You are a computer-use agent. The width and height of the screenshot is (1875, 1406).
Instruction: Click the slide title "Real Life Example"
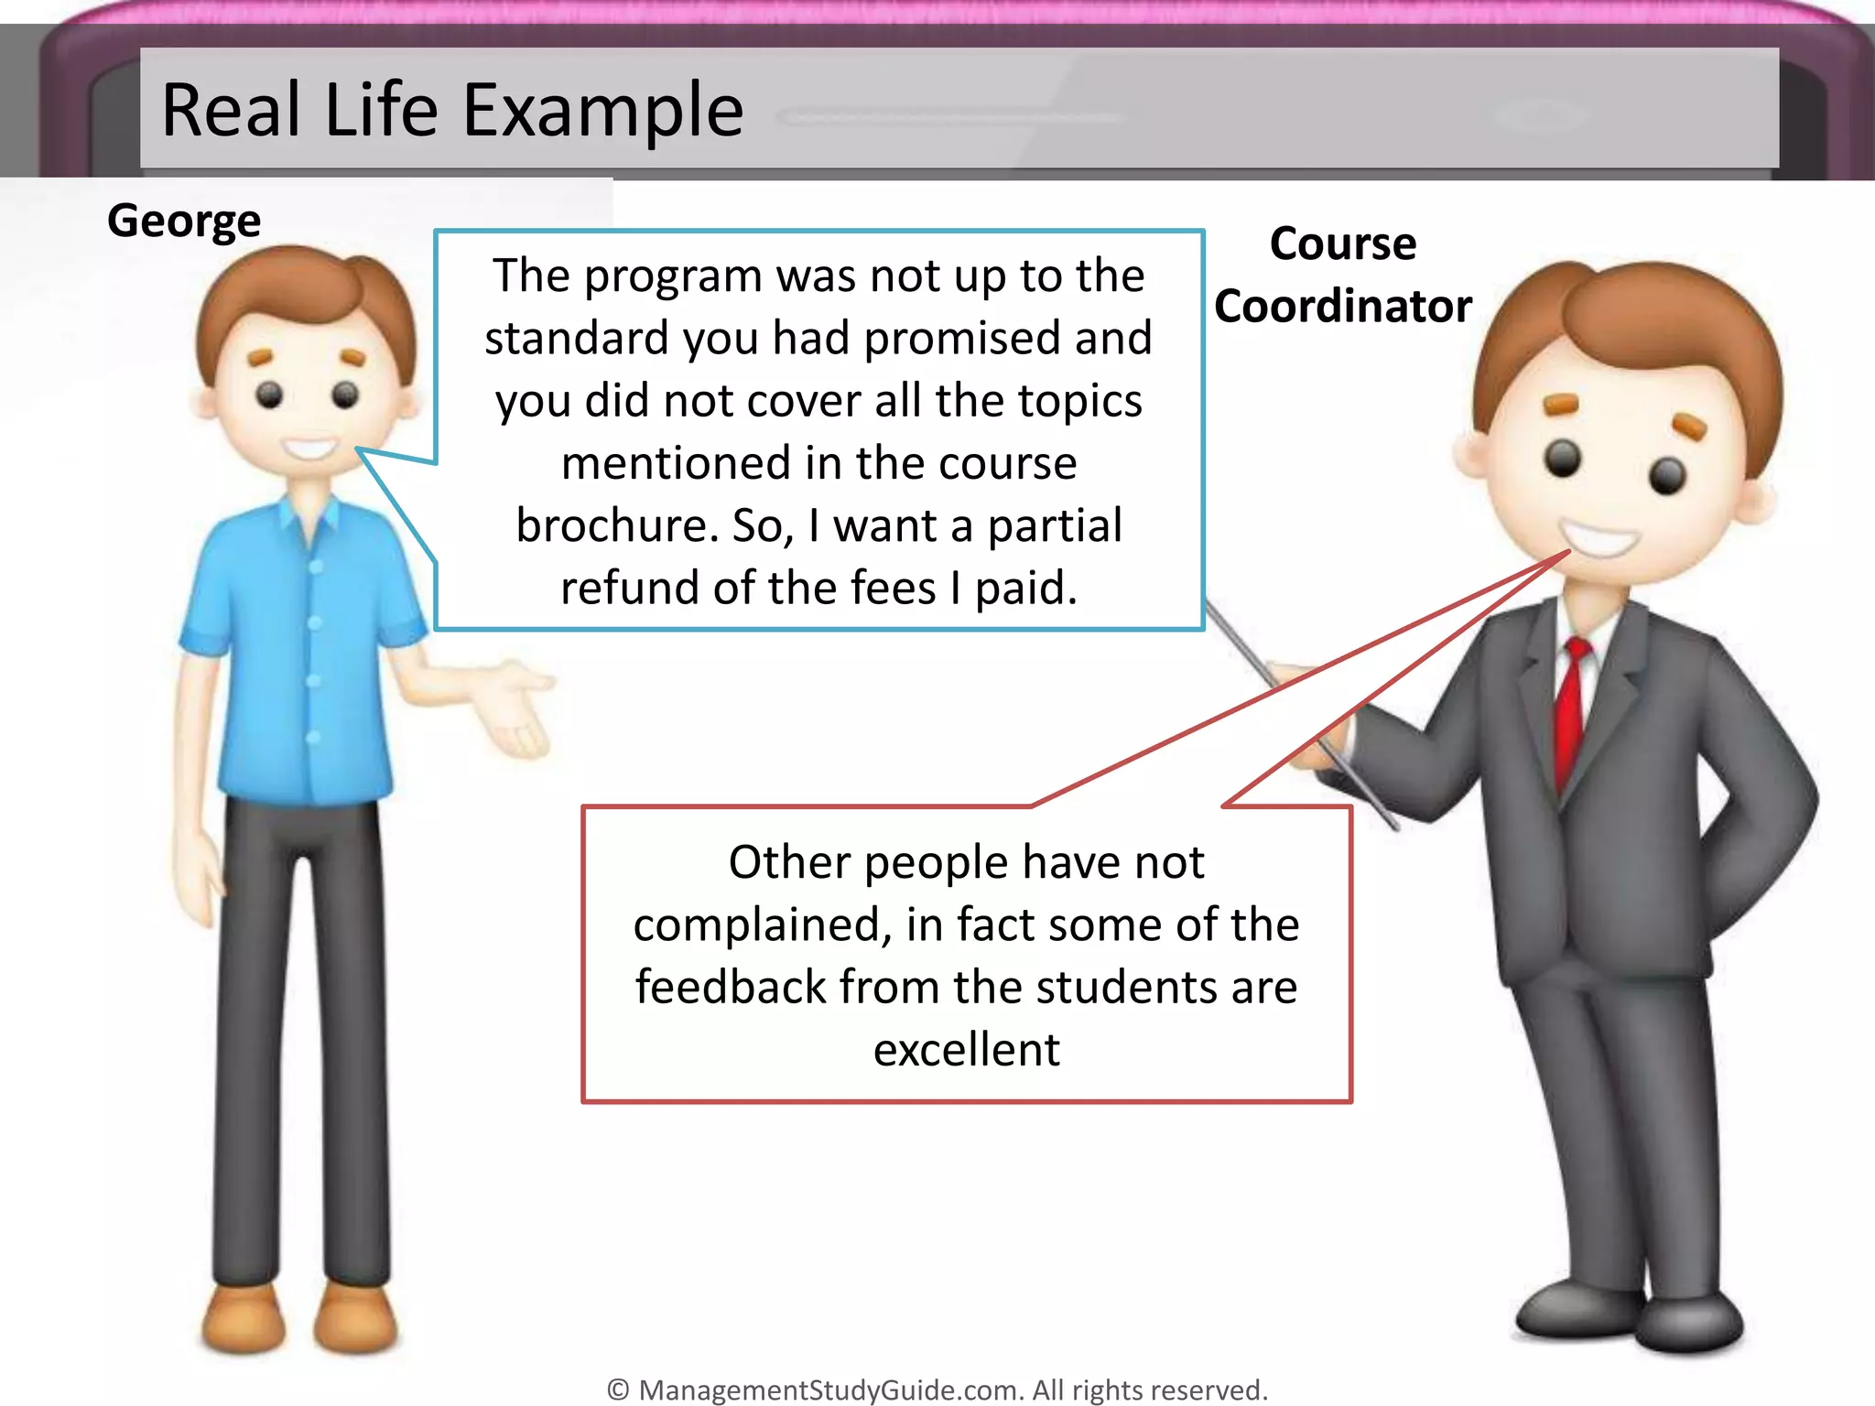coord(452,111)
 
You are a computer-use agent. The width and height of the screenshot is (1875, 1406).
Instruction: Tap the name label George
coord(184,222)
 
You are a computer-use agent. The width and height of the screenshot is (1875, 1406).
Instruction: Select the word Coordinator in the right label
coord(1343,306)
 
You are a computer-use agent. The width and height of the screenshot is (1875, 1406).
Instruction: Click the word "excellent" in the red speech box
coord(967,1049)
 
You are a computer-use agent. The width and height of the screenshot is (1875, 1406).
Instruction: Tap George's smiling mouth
coord(309,449)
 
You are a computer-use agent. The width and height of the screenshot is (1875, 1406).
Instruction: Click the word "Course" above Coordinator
coord(1343,244)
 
